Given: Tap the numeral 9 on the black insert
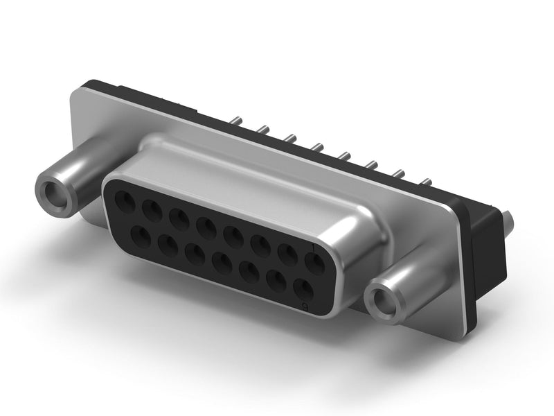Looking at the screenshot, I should [x=305, y=305].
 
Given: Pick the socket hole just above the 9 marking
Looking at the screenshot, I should [x=301, y=287].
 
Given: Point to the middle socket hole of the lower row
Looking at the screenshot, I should [x=222, y=262].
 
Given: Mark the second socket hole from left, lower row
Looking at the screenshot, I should [x=167, y=243].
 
